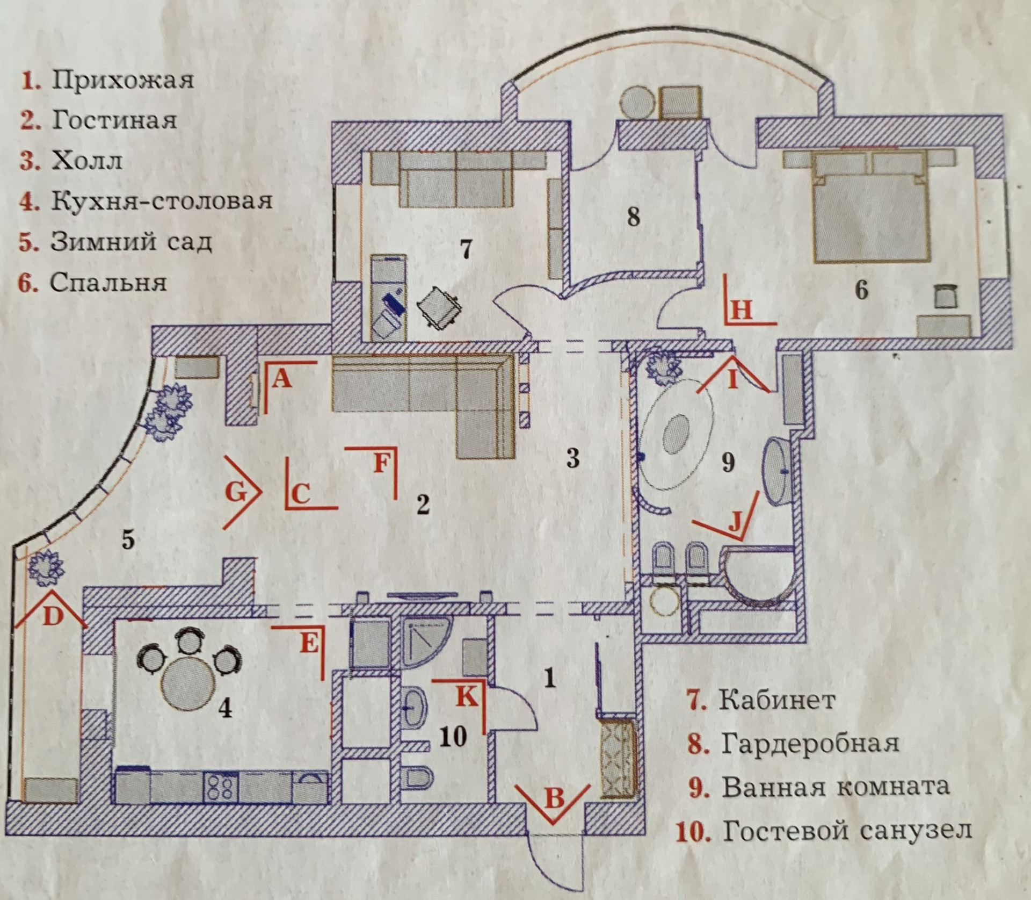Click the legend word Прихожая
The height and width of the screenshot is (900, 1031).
point(122,80)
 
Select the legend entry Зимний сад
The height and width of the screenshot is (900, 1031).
point(130,242)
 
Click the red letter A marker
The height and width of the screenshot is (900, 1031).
point(281,380)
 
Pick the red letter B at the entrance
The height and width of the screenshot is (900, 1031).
point(555,798)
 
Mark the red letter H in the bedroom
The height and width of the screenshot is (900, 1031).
point(741,310)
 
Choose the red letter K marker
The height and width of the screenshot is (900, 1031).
point(466,696)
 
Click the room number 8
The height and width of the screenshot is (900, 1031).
point(634,217)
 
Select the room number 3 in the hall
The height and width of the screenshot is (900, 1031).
point(573,458)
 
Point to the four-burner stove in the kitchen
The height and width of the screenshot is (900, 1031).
point(220,788)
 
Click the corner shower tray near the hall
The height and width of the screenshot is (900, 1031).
point(426,639)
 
